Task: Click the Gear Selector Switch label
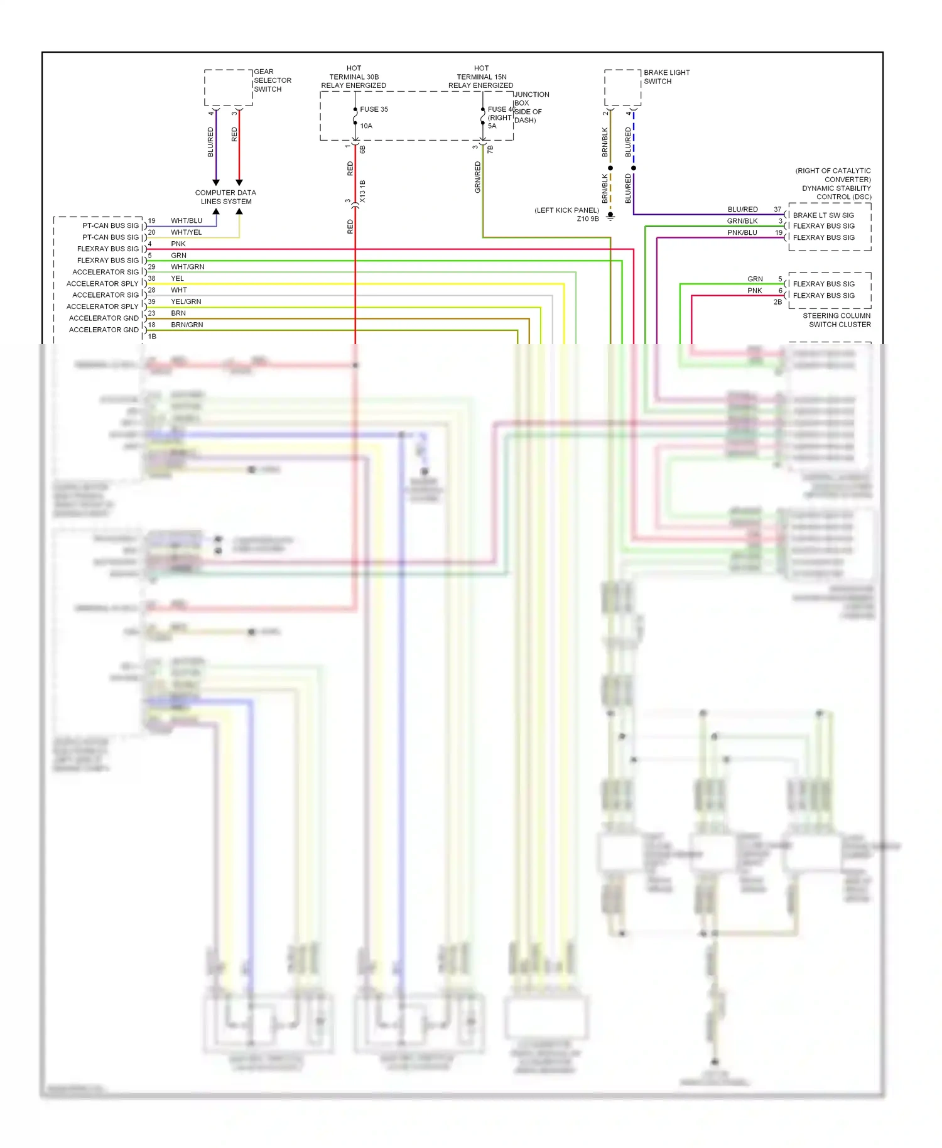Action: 272,80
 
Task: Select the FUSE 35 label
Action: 374,109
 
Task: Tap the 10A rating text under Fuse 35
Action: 366,126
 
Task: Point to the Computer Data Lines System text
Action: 225,197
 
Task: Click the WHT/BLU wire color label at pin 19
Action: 187,221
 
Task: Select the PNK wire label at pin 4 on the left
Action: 178,244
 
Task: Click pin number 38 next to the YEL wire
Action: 151,278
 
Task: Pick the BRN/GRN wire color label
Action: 187,325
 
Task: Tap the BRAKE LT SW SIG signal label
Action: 823,215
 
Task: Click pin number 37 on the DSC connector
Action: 777,210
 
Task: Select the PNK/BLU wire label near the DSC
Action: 742,233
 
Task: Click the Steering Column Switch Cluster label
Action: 836,320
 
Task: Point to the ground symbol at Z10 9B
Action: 610,217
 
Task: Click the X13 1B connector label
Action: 362,192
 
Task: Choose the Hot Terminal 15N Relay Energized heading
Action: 481,77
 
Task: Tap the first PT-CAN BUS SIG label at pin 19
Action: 110,225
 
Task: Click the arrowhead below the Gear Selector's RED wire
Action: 239,183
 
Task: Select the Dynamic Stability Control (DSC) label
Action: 834,184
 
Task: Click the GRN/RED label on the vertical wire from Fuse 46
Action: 477,177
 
